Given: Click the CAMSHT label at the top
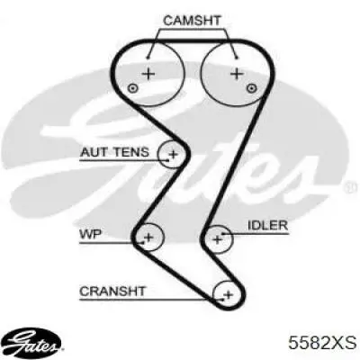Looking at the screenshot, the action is tap(192, 20).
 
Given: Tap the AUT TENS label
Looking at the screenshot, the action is tap(114, 152).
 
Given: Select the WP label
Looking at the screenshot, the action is tap(90, 234).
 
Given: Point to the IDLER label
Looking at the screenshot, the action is tap(267, 225).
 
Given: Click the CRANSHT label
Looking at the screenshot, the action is tap(112, 291).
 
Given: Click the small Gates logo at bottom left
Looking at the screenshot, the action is tap(34, 344).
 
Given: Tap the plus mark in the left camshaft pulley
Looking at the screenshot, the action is tap(148, 74).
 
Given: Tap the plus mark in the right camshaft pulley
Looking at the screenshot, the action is tap(238, 74).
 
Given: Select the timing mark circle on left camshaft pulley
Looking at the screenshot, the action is tap(132, 88).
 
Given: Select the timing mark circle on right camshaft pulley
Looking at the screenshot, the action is tap(251, 88).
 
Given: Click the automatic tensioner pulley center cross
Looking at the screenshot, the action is tap(173, 155).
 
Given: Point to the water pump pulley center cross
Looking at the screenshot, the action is tap(148, 238).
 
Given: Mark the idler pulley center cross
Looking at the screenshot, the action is tap(218, 239).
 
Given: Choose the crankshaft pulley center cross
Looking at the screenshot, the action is tap(229, 294).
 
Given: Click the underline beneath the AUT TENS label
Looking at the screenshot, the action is tap(124, 160).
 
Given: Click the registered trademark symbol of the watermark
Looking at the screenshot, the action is tap(352, 187).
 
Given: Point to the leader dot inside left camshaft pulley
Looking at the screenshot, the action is tap(148, 58).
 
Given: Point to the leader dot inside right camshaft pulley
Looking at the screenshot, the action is tap(236, 58).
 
